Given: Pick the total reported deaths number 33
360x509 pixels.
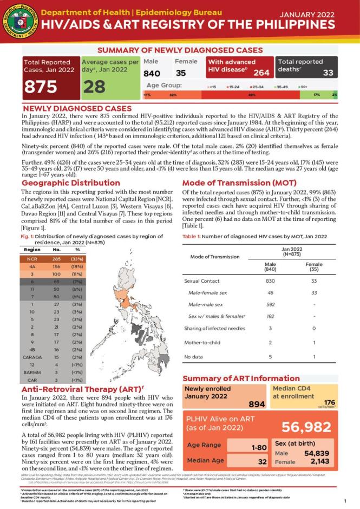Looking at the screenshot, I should (328, 73).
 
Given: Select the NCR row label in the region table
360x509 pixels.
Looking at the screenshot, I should (32, 259).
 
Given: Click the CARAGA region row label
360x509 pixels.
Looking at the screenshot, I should (32, 343).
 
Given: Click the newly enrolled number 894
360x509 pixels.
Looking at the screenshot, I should (256, 404).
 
